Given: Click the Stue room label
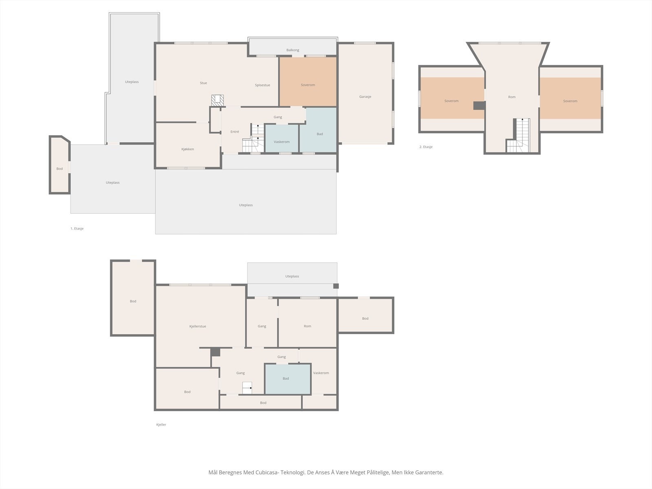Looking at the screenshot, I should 203,83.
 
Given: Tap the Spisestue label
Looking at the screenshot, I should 262,85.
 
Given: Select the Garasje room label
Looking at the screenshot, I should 365,97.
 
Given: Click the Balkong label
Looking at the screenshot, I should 293,50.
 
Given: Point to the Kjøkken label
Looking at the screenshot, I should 187,149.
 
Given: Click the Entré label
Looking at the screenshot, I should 235,132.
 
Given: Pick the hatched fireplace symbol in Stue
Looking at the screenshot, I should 218,100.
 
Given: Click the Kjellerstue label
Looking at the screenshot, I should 198,326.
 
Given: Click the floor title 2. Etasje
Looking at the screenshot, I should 426,147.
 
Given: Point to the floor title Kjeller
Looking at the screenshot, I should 161,425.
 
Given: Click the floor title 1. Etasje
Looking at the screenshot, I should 77,229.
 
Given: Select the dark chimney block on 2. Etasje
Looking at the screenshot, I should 479,106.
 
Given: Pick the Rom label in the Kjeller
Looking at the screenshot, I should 307,326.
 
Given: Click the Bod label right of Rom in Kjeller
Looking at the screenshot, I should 365,319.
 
